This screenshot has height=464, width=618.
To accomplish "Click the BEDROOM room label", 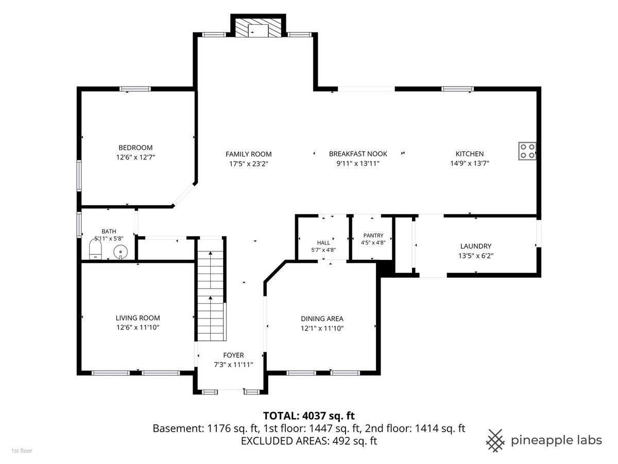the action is click(x=135, y=147).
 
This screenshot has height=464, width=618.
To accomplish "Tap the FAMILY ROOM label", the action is click(x=248, y=154).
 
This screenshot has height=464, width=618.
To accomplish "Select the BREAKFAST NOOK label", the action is click(x=358, y=154).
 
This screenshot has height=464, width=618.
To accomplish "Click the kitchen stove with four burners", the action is click(x=527, y=151).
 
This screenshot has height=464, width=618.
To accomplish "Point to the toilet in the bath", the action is click(x=95, y=249).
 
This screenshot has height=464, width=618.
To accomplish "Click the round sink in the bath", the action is click(x=121, y=252).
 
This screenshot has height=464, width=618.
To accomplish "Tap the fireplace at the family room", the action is click(x=258, y=28).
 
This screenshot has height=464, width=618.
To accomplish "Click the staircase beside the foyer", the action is click(x=211, y=290).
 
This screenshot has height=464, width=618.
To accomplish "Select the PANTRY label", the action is click(x=373, y=235).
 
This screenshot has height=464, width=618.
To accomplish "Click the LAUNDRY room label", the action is click(x=475, y=246).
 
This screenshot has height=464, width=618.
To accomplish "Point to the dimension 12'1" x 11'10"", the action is click(x=322, y=328).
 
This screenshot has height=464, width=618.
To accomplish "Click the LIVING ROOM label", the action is click(x=138, y=318).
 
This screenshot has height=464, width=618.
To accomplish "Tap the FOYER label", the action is click(x=233, y=355).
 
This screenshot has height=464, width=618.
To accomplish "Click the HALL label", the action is click(x=323, y=243).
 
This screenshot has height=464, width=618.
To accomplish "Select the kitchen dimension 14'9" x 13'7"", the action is click(x=470, y=163).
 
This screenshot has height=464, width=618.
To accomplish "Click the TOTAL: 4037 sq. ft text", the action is click(x=308, y=416).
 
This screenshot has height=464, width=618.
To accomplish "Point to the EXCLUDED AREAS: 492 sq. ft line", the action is click(x=309, y=441).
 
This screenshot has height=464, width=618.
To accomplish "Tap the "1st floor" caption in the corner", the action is click(x=22, y=451).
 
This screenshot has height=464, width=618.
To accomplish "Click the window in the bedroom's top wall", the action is click(x=135, y=89).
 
